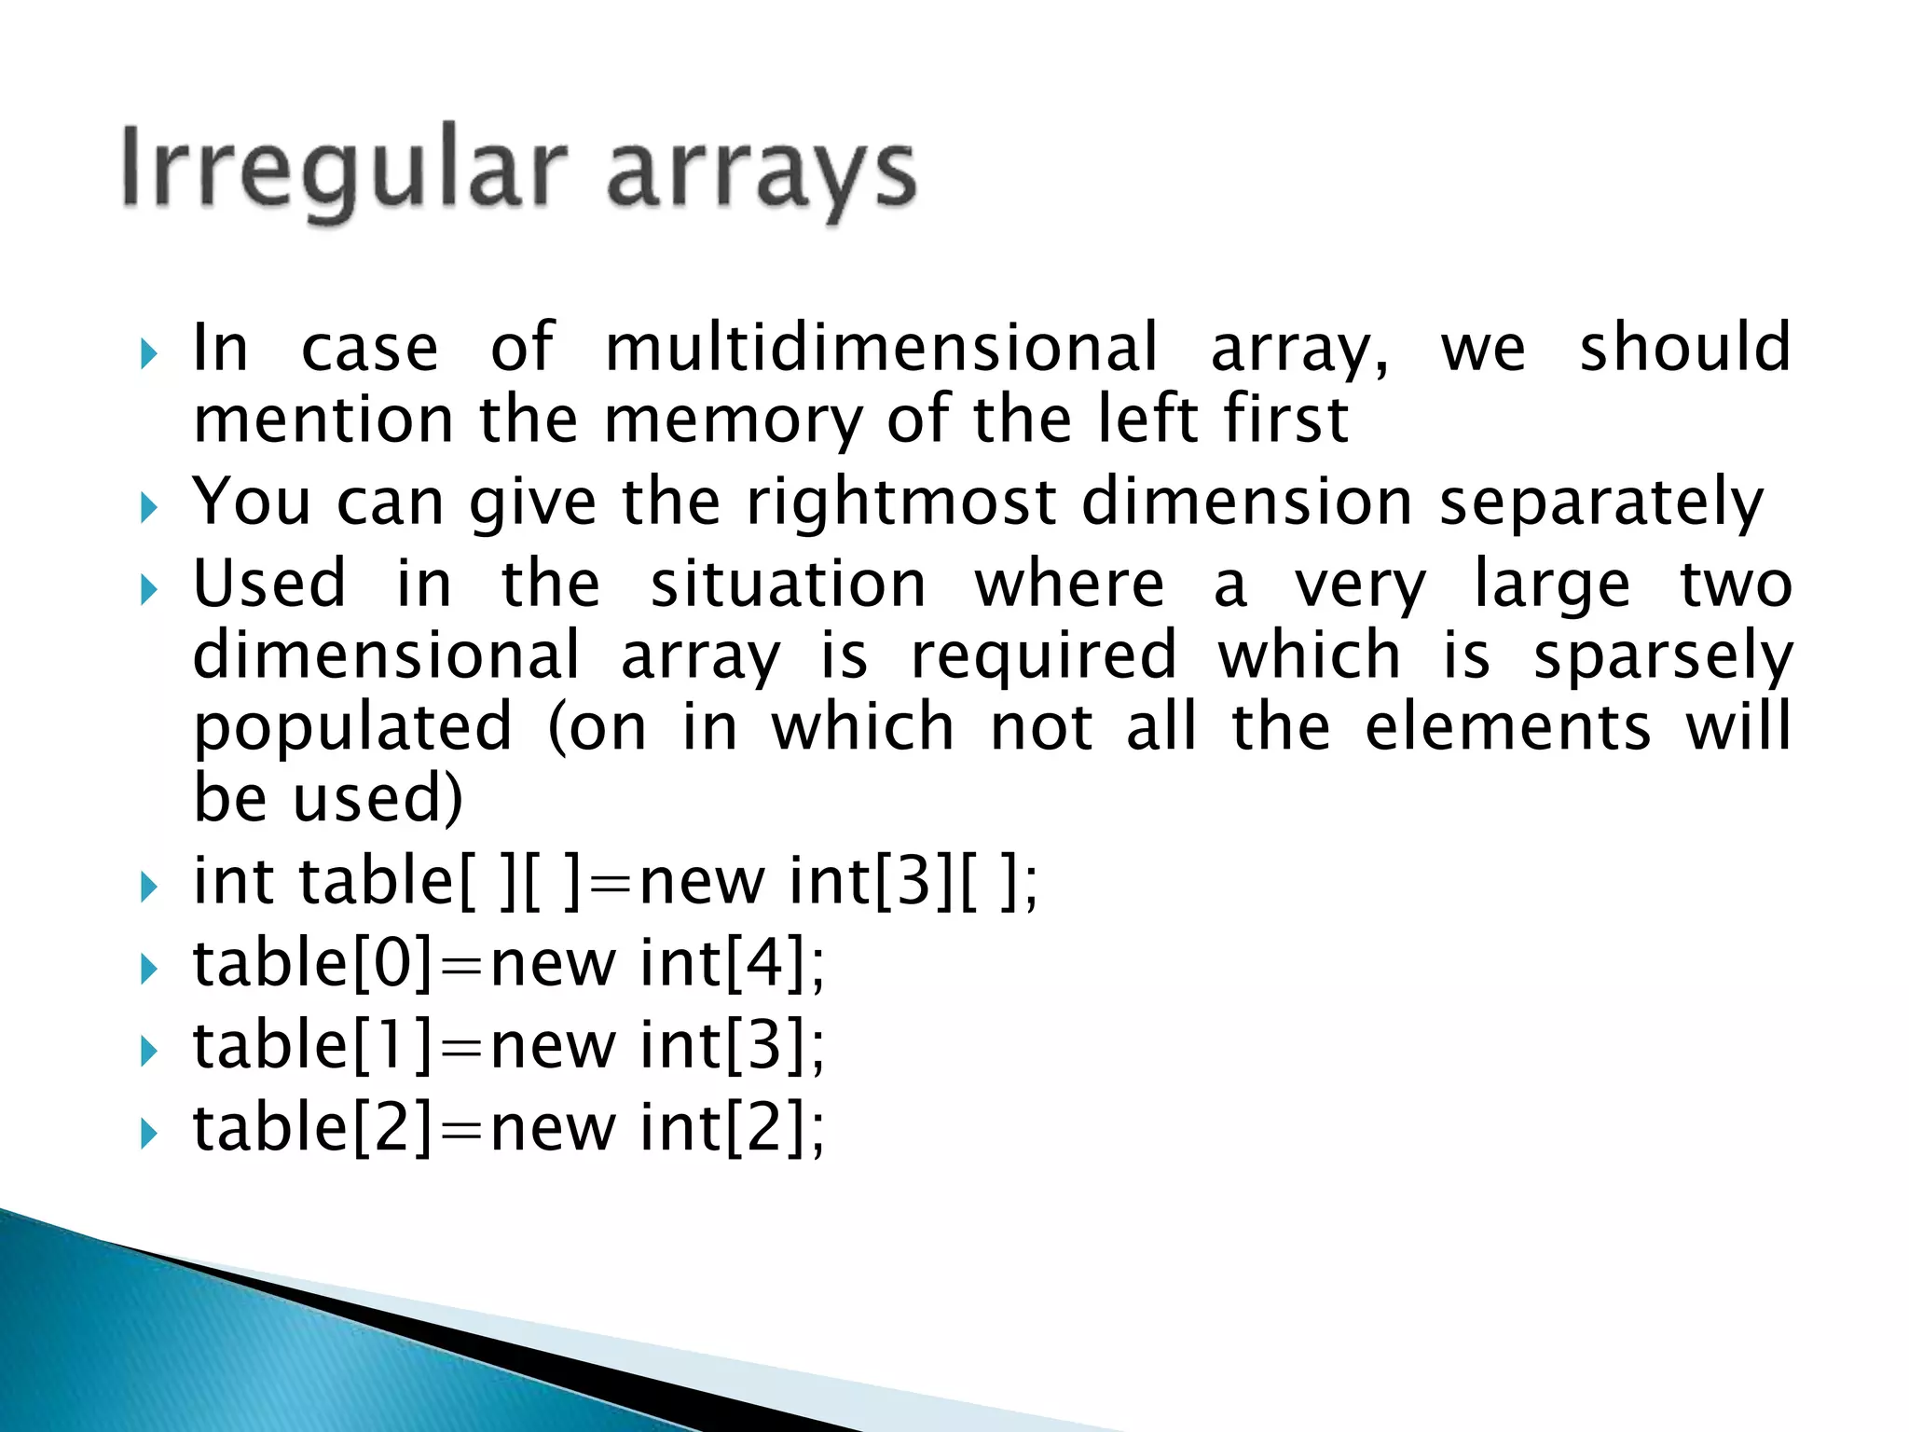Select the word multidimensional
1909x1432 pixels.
pyautogui.click(x=881, y=347)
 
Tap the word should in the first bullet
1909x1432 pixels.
pyautogui.click(x=1684, y=347)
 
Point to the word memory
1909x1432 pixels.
pyautogui.click(x=734, y=420)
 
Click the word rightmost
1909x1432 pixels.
pyautogui.click(x=901, y=502)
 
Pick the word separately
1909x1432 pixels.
pyautogui.click(x=1600, y=502)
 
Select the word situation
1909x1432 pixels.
pyautogui.click(x=788, y=584)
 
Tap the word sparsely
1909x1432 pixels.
pyautogui.click(x=1663, y=655)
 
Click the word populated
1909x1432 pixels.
pyautogui.click(x=352, y=728)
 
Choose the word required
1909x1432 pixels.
pyautogui.click(x=1044, y=655)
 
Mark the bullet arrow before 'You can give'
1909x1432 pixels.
pyautogui.click(x=148, y=508)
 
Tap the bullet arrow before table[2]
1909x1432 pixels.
pyautogui.click(x=148, y=1134)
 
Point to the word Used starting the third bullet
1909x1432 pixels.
pyautogui.click(x=269, y=584)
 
